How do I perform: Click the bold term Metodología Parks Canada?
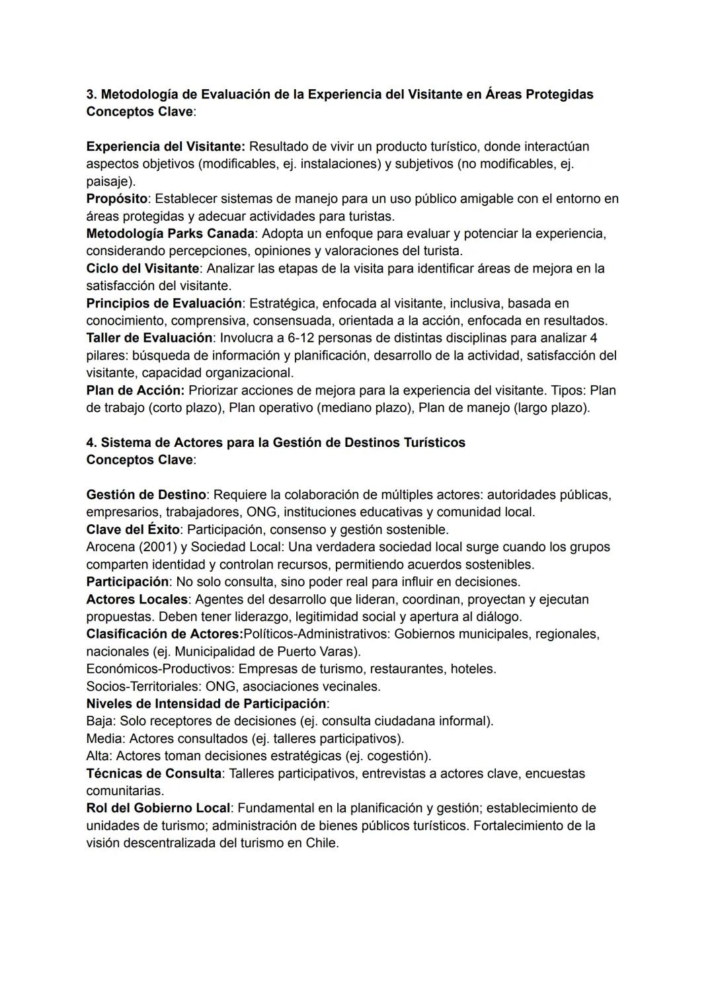[170, 233]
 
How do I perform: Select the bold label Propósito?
[116, 198]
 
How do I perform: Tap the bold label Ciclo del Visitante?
[142, 268]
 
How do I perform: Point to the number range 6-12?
[302, 338]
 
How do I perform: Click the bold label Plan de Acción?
[134, 390]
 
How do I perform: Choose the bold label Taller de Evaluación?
[149, 338]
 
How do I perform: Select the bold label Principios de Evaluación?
[163, 303]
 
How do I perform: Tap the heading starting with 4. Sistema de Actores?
[276, 442]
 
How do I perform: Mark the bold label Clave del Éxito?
[132, 529]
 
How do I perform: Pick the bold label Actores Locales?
[137, 599]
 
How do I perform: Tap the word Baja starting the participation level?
[100, 720]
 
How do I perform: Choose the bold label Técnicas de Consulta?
[153, 773]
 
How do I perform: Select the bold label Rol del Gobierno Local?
[158, 808]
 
